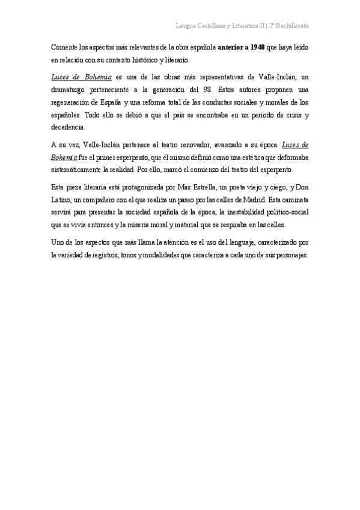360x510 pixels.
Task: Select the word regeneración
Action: tap(76, 102)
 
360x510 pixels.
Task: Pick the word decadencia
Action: tap(68, 127)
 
